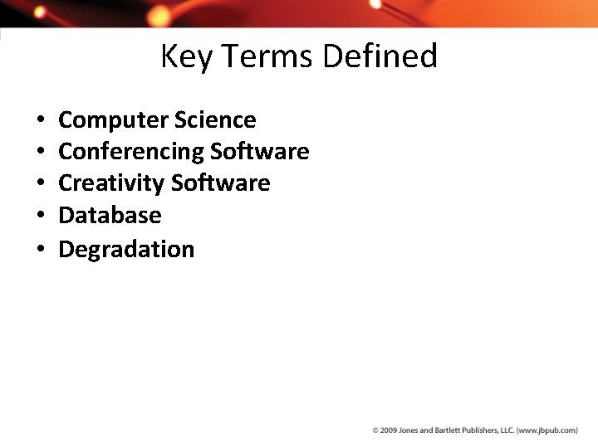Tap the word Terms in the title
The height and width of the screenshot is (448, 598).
click(267, 56)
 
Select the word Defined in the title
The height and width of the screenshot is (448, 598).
click(380, 56)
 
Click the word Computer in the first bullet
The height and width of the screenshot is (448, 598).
click(114, 120)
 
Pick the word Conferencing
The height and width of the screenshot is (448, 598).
click(131, 152)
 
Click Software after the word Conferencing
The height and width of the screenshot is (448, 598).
click(260, 152)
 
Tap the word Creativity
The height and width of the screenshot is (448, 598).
click(111, 183)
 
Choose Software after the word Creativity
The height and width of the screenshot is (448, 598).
click(221, 183)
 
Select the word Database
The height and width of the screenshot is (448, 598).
click(110, 216)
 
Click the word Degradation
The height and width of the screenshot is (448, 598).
click(126, 249)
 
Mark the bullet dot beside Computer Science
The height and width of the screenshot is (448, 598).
click(41, 121)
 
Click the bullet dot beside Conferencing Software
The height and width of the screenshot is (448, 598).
click(41, 153)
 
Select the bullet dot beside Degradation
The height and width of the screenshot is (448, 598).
click(41, 250)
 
